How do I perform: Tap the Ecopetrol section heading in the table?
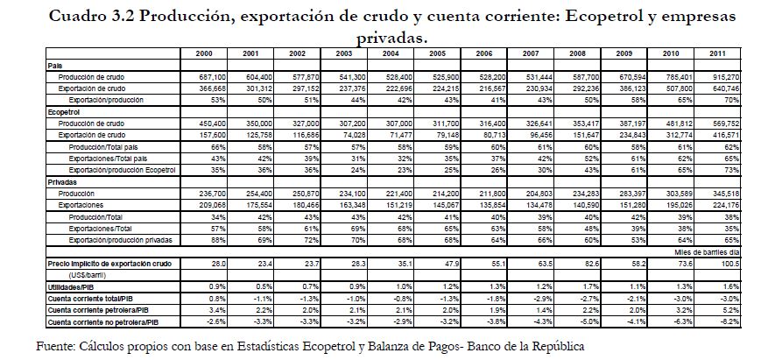click(x=64, y=114)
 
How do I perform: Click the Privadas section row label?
click(x=61, y=181)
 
